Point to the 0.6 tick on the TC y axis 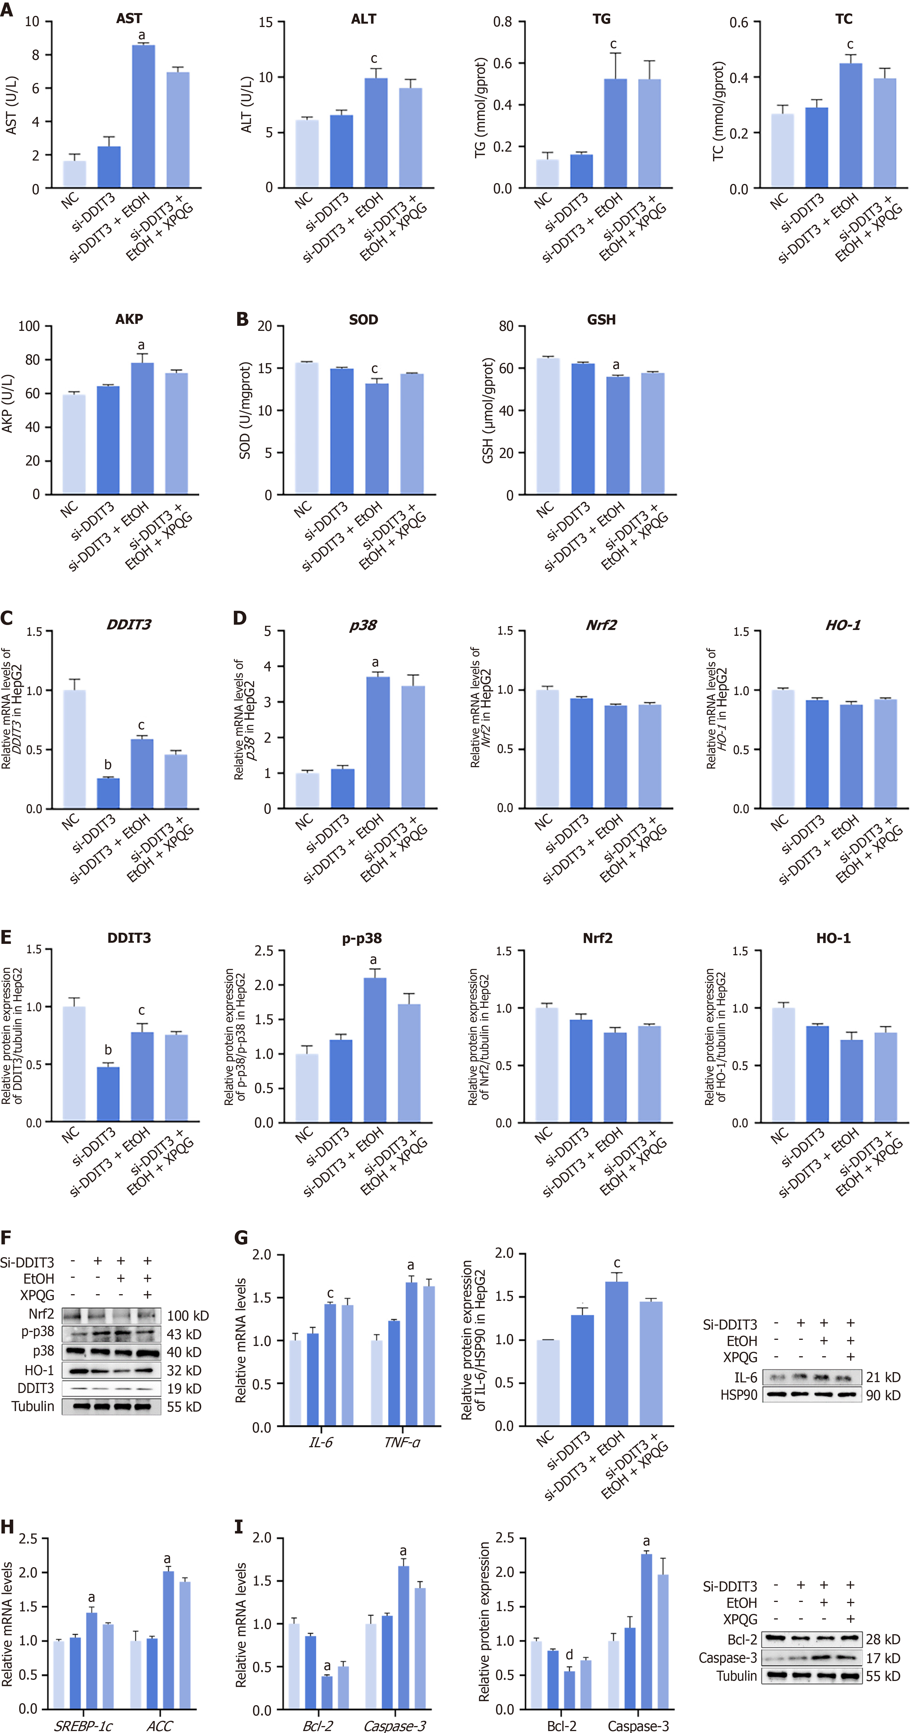pos(739,23)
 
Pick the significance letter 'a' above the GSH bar pos(616,365)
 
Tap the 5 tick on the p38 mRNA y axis pos(267,631)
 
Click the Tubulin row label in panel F pos(33,1407)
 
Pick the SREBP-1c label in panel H pos(83,1725)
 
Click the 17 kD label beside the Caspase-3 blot pos(883,1658)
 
